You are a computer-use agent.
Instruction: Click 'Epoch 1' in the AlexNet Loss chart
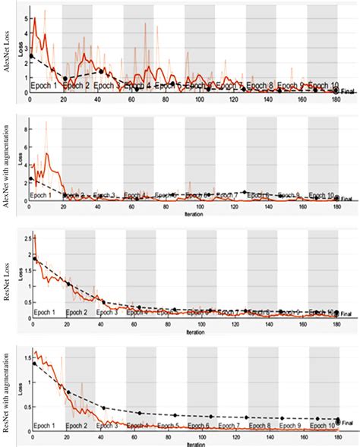(43, 86)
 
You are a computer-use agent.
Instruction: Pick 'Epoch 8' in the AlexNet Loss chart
(260, 86)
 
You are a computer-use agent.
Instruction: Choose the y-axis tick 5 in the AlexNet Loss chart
(25, 17)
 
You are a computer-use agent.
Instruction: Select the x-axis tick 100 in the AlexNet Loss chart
(199, 100)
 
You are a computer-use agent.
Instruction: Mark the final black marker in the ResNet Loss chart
(336, 312)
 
